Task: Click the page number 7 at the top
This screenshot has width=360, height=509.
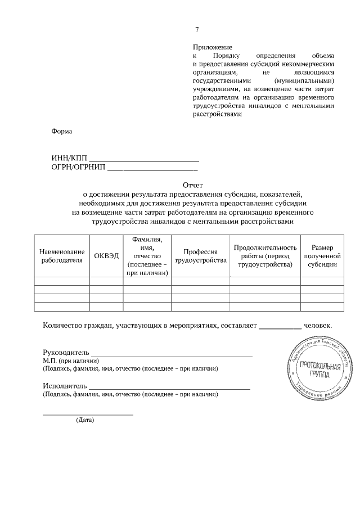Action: click(196, 30)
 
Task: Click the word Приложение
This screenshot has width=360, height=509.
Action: click(212, 48)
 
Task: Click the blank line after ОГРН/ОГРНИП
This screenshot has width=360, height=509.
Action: click(152, 168)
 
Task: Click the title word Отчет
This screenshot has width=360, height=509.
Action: click(192, 184)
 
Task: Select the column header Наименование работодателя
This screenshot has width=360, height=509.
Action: click(62, 255)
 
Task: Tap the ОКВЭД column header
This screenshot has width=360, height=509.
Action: click(106, 255)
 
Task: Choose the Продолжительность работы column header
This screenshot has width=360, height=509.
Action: click(264, 255)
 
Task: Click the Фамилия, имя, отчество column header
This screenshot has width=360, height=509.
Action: click(147, 255)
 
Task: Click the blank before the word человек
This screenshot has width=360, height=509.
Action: click(280, 326)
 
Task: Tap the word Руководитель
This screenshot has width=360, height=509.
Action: click(66, 352)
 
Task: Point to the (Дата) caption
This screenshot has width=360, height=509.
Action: click(85, 420)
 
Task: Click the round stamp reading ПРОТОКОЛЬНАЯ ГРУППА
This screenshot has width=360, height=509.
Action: click(320, 369)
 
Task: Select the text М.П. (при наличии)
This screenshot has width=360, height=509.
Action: click(71, 360)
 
